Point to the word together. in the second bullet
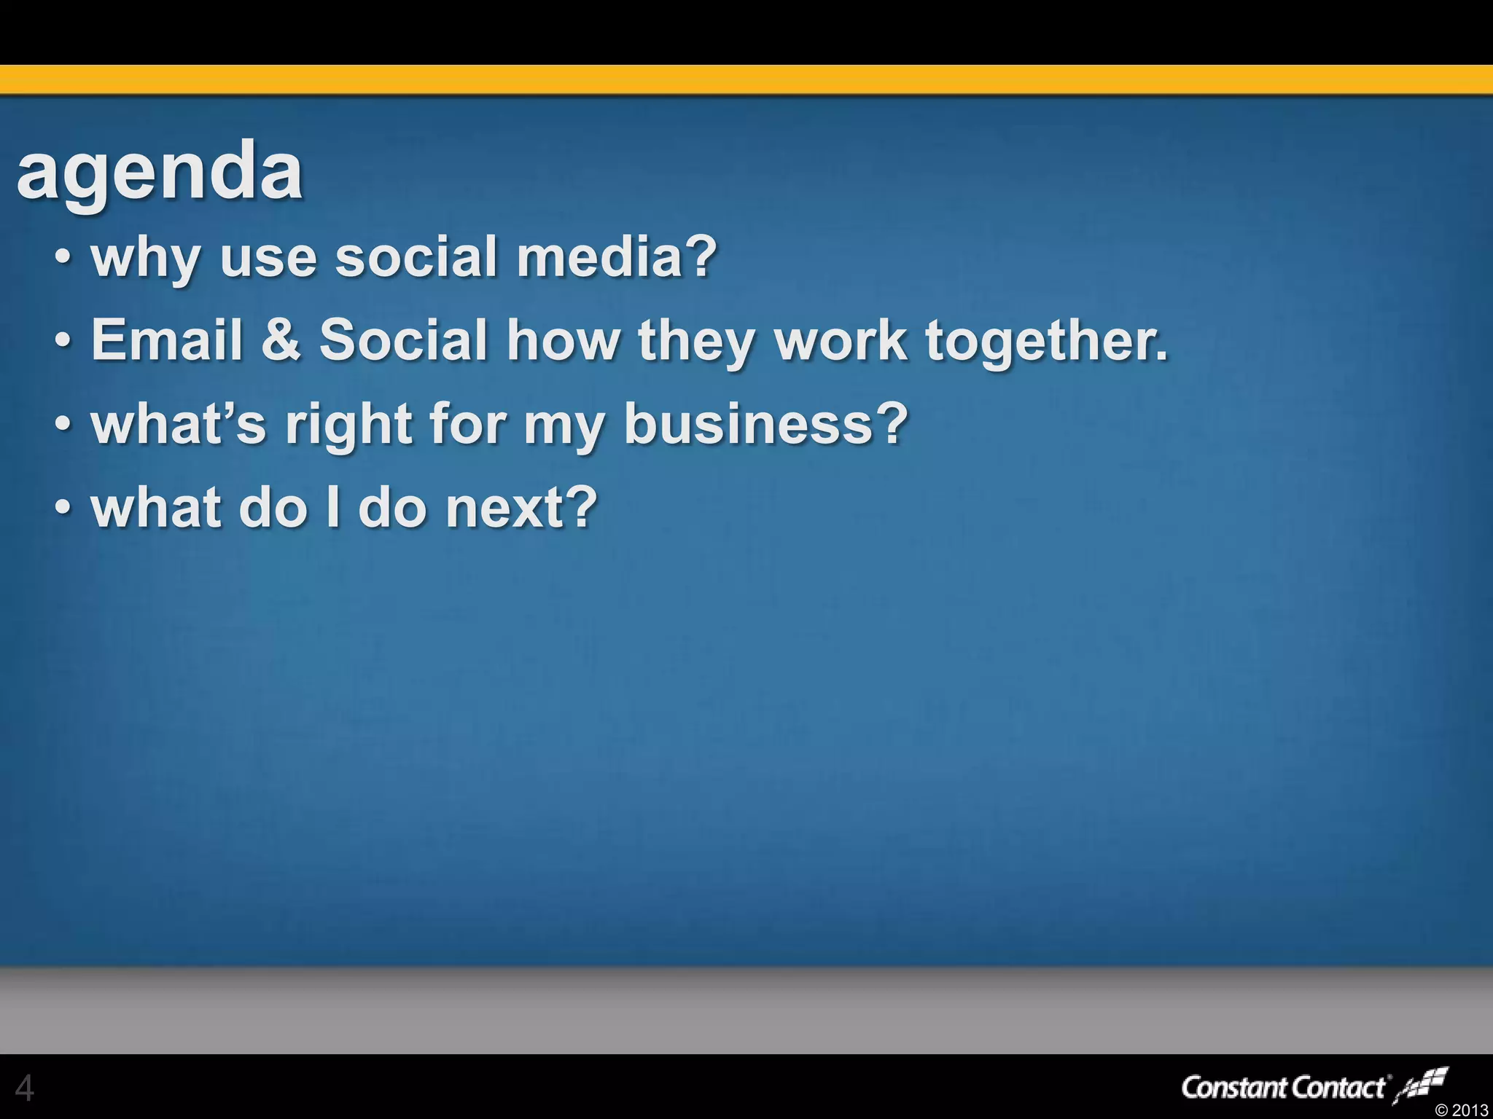click(x=1046, y=341)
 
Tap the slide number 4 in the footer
click(x=24, y=1088)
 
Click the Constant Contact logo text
click(x=1283, y=1088)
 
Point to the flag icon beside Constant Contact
click(x=1422, y=1085)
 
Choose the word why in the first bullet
click(x=144, y=259)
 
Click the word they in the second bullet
click(x=695, y=341)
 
